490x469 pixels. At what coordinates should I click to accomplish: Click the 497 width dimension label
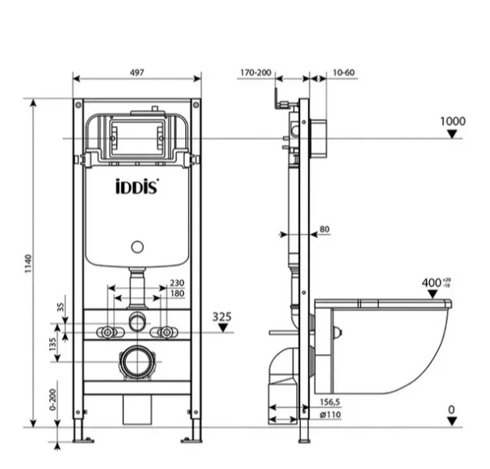point(137,73)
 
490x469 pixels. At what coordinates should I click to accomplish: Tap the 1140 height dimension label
point(28,263)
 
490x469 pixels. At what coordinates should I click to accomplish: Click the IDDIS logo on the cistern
point(137,186)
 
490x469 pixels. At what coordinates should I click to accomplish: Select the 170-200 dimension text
point(256,73)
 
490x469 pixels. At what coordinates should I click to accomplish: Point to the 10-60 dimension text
point(343,73)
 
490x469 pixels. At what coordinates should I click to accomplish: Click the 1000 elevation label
point(452,121)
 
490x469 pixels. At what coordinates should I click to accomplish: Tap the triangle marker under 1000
point(452,134)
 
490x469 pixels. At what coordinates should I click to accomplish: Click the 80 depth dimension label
point(324,229)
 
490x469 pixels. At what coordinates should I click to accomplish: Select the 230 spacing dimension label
point(177,283)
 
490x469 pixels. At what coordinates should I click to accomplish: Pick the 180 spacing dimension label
point(177,293)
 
